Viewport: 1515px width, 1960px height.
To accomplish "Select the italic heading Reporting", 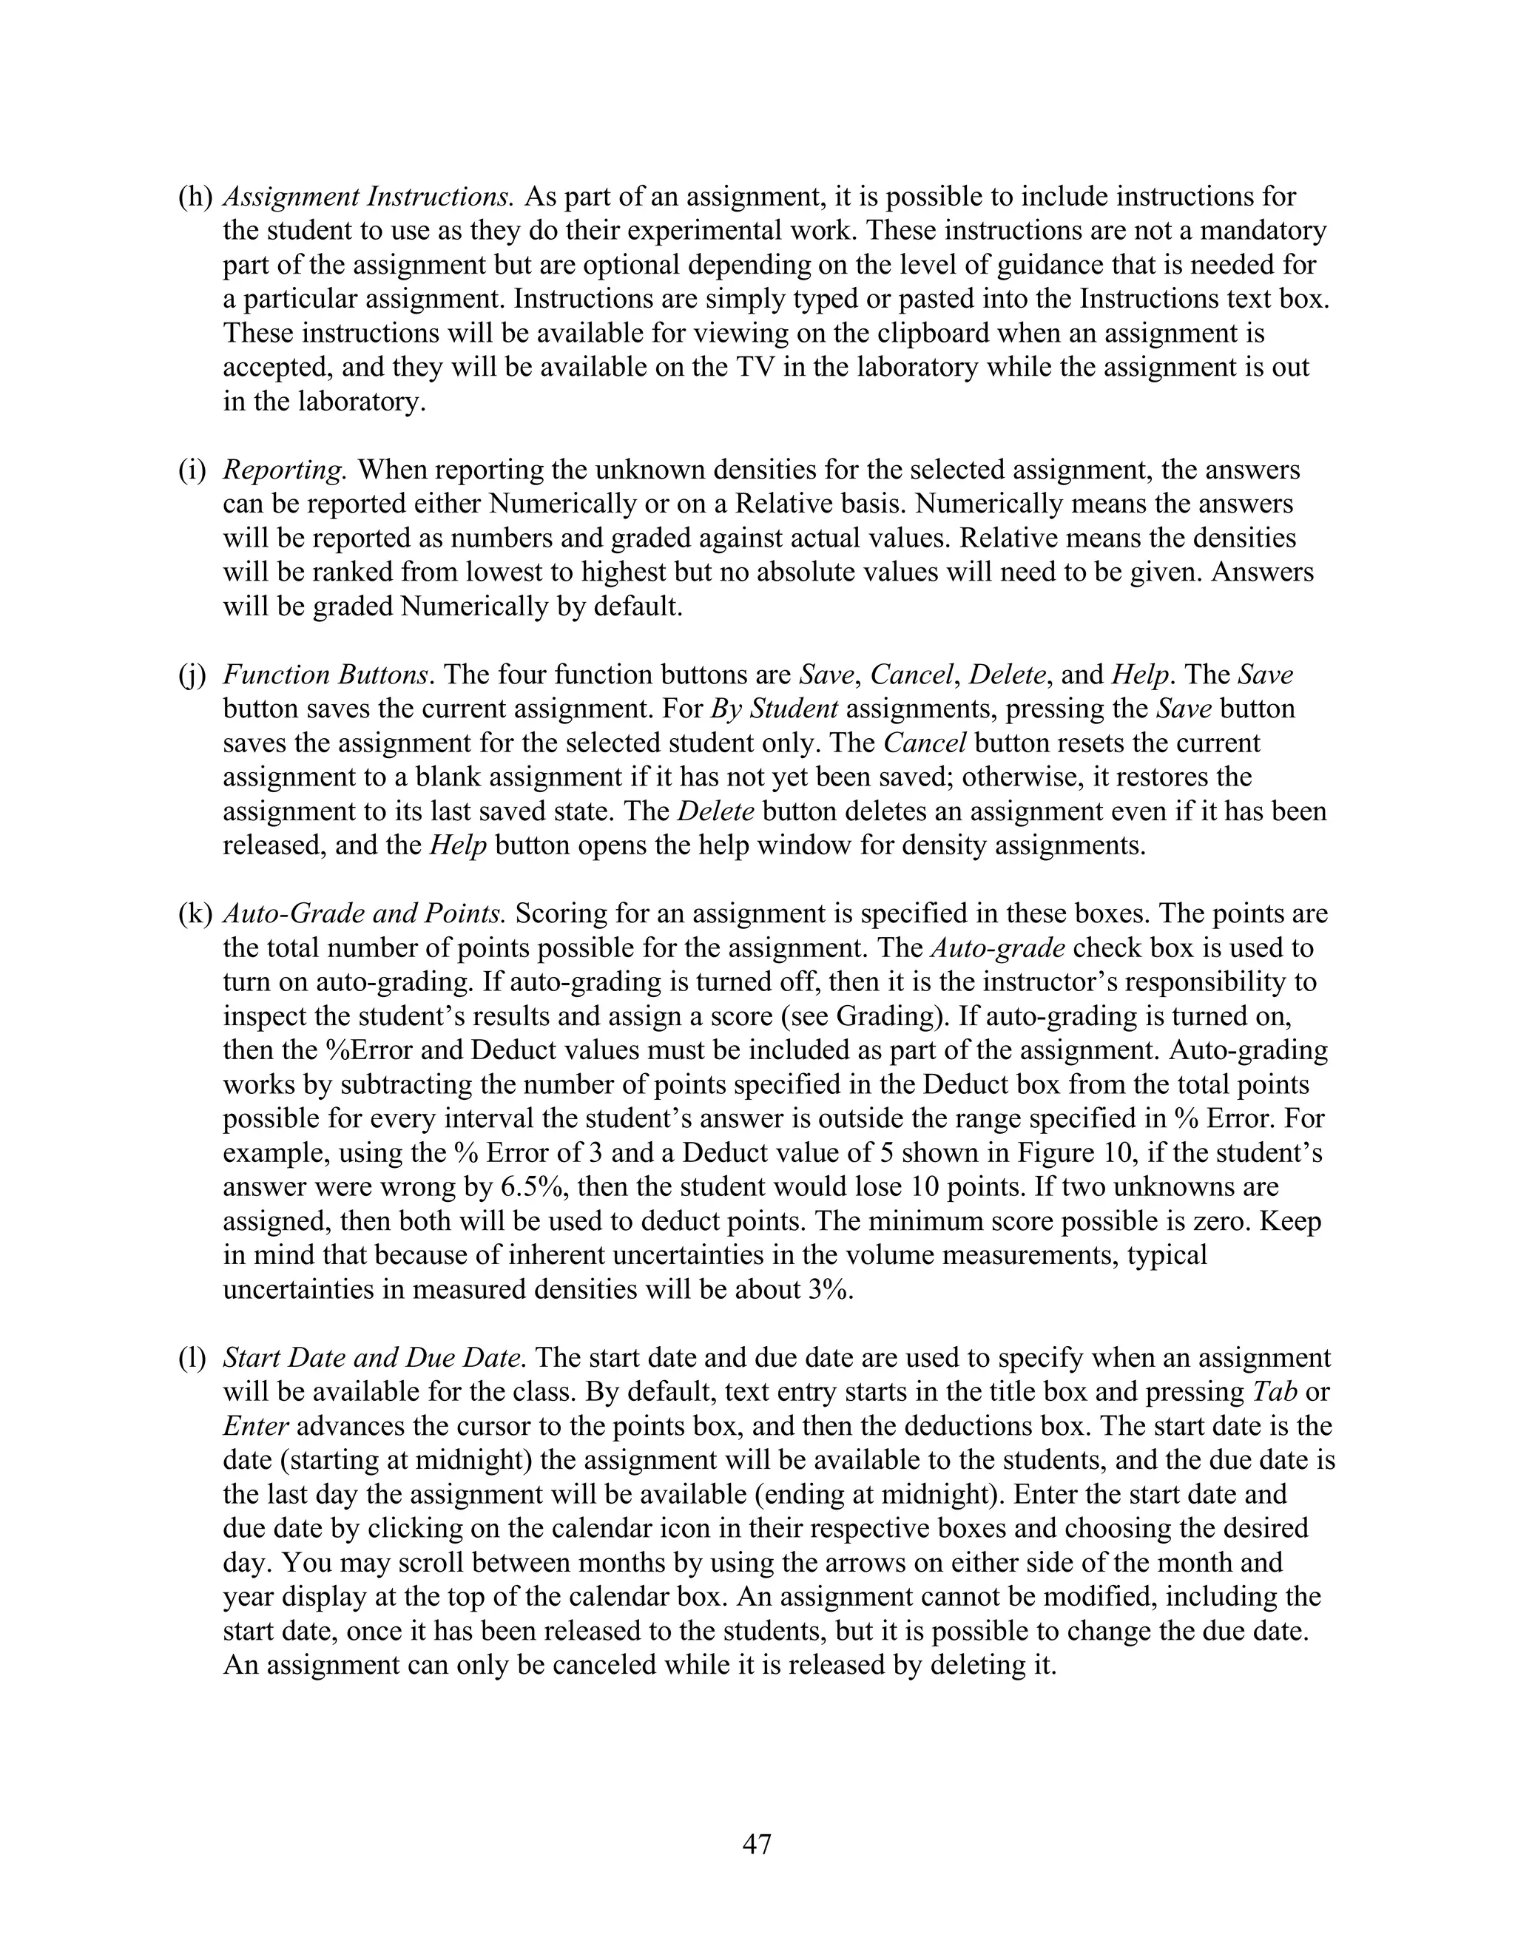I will (x=285, y=470).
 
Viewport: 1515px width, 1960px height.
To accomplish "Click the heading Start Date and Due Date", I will (x=374, y=1357).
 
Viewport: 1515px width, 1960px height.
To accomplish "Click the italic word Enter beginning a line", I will (x=255, y=1425).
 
